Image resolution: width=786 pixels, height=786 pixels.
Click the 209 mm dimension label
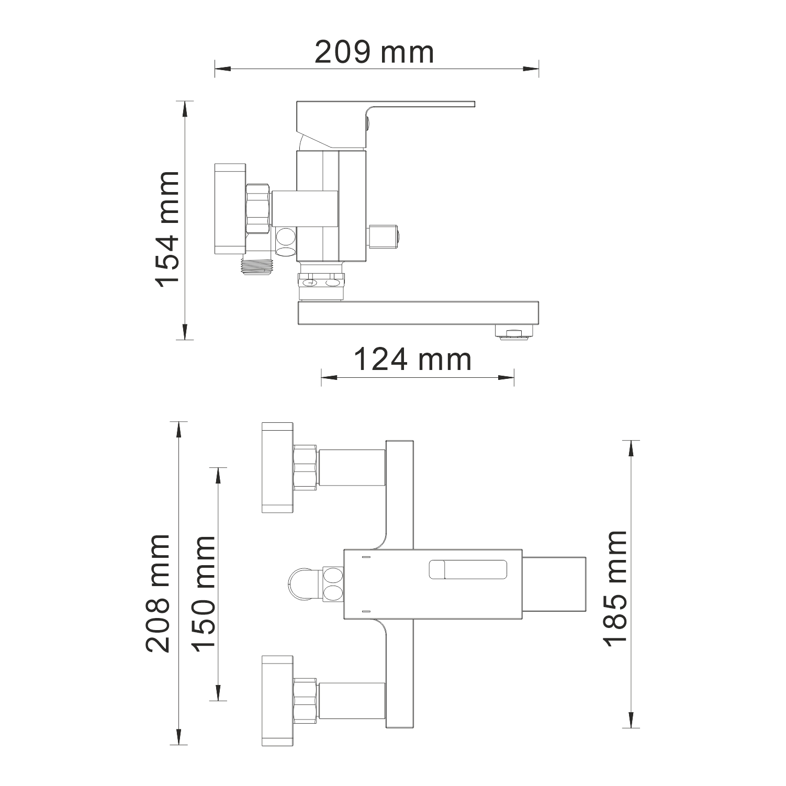pyautogui.click(x=374, y=52)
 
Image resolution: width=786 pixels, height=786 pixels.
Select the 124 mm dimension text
pyautogui.click(x=413, y=360)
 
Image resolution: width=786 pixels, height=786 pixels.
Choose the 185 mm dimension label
pyautogui.click(x=615, y=589)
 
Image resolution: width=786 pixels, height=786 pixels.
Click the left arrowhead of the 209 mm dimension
pyautogui.click(x=222, y=68)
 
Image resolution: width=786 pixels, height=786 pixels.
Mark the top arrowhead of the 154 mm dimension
pyautogui.click(x=185, y=109)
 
